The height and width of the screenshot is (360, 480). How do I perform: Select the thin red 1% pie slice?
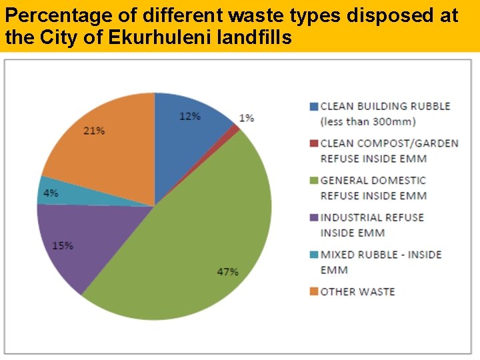click(234, 128)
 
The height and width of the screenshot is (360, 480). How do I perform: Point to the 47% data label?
click(228, 272)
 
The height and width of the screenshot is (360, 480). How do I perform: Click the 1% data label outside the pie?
click(247, 118)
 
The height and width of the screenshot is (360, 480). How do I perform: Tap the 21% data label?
click(94, 131)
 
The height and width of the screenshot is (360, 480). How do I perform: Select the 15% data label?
click(63, 245)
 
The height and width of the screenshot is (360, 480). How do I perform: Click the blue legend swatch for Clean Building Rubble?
click(313, 107)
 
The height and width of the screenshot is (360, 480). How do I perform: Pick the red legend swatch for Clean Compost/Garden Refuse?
click(313, 143)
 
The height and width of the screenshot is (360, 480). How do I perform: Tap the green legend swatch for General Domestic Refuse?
click(313, 181)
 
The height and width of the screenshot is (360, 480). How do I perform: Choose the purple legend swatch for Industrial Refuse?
click(313, 218)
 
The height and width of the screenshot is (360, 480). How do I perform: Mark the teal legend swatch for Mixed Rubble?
click(313, 255)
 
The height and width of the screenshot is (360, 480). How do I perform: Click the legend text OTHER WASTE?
click(357, 292)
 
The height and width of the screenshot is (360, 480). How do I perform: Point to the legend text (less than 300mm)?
click(368, 121)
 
